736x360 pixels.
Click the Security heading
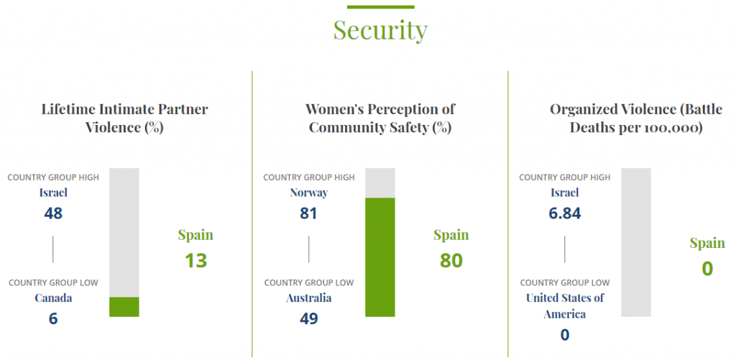coord(380,30)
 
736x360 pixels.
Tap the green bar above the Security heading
coord(380,7)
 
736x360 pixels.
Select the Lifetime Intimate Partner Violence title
coord(124,119)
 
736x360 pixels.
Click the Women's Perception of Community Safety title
coord(380,119)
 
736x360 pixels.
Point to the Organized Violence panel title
coord(636,119)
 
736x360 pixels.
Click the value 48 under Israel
coord(53,213)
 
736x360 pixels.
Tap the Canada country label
coord(53,298)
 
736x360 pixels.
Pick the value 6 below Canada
coord(53,318)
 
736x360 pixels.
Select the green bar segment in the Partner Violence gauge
coord(124,307)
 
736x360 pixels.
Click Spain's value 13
coord(195,260)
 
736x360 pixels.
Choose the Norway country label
coord(309,193)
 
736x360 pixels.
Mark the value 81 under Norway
coord(309,213)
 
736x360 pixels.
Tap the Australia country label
coord(309,298)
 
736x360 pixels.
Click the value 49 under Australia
coord(309,318)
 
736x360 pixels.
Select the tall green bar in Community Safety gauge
coord(380,257)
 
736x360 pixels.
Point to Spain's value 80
coord(451,260)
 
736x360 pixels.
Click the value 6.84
coord(565,213)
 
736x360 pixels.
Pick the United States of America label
coord(565,306)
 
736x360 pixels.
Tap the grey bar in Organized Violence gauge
coord(636,242)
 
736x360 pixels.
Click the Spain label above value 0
coord(707,243)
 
